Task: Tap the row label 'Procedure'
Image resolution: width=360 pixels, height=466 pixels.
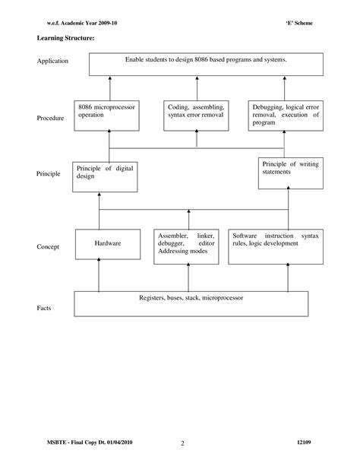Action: [x=51, y=119]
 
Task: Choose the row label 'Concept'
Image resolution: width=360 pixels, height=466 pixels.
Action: [x=49, y=246]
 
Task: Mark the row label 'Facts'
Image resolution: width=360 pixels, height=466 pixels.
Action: [x=45, y=309]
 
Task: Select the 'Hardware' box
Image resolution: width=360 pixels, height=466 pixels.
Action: [x=108, y=246]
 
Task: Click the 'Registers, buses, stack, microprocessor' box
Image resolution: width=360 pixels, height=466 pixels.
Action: [x=191, y=303]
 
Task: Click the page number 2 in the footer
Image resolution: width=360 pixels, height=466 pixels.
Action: [x=183, y=444]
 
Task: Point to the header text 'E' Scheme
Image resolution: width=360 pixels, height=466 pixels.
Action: [x=298, y=23]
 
